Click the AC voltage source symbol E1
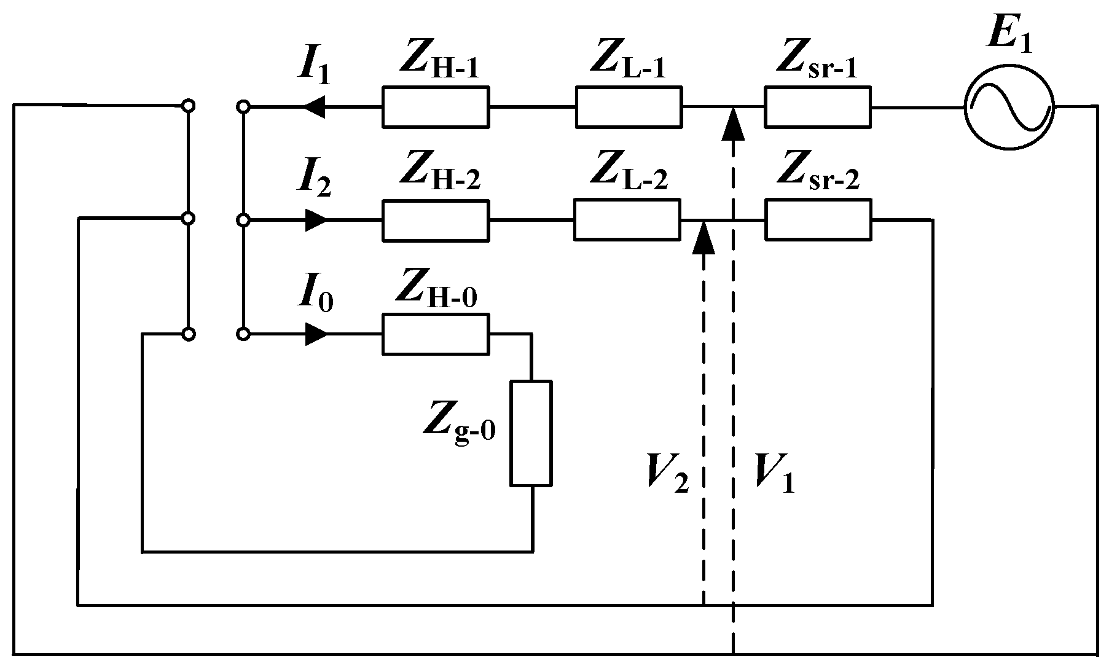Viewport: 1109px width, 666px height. click(1008, 108)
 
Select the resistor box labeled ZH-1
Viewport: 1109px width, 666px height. click(436, 108)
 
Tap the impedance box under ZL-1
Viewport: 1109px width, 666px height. click(628, 108)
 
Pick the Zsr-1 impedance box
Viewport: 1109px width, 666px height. click(817, 108)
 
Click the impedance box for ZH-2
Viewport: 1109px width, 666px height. click(436, 219)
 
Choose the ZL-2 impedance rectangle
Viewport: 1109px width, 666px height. click(627, 219)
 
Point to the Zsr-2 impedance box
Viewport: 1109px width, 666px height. click(818, 219)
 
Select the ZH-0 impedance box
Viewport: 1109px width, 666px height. click(436, 334)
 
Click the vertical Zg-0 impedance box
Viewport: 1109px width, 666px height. click(531, 433)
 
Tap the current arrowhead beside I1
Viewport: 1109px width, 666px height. click(314, 108)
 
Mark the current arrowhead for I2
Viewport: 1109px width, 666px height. click(316, 219)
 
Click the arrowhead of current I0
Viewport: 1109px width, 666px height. click(316, 334)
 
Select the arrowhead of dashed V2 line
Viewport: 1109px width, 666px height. click(703, 237)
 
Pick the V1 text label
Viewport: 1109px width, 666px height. click(774, 474)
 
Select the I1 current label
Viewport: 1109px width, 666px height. click(314, 68)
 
